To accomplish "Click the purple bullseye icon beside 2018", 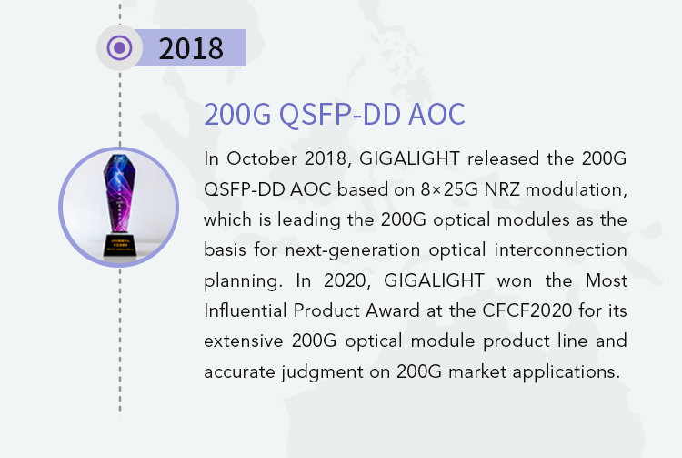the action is (x=119, y=48).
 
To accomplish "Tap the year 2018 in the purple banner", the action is (x=191, y=48).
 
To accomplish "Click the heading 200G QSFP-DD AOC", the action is (x=335, y=114).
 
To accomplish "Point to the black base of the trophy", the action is (x=120, y=245).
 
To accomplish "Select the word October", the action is (x=261, y=158).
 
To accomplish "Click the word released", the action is (x=503, y=158).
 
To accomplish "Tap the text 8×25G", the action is (x=449, y=189).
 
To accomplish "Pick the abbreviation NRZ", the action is (x=502, y=189).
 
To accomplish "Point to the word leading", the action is (x=309, y=219).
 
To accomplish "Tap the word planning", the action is (x=243, y=281).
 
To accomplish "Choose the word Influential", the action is (x=246, y=310).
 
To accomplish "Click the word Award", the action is (x=393, y=310).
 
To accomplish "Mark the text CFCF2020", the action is (x=527, y=310).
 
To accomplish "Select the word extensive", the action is (x=244, y=341).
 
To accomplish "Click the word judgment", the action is (x=322, y=372).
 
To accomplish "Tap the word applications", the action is (x=567, y=372).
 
